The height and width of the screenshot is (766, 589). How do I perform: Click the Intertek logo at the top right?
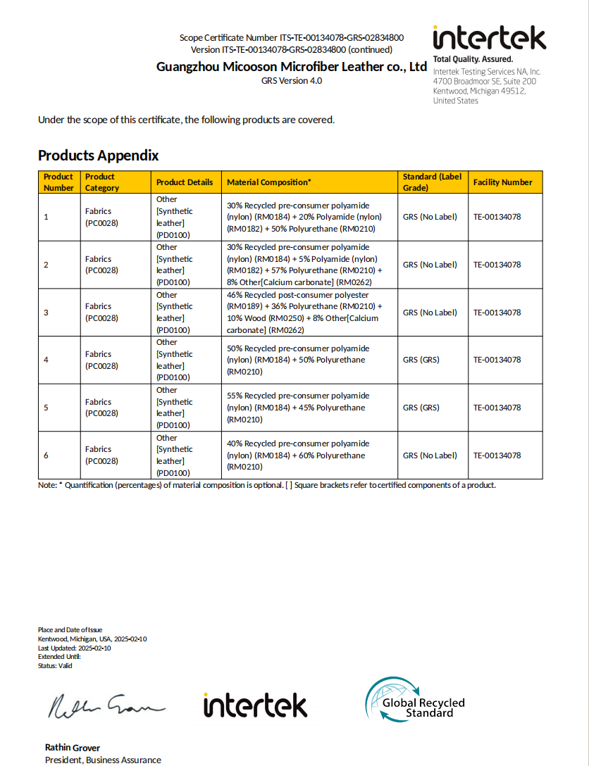pos(489,39)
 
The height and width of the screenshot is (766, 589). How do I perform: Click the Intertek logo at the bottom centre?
pos(255,705)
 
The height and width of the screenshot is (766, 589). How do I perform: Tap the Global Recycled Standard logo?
pos(415,703)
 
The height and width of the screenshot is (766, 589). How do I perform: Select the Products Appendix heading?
pos(99,156)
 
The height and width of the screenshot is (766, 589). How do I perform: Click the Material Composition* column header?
pos(268,182)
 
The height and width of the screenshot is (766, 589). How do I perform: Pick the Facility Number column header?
pos(502,182)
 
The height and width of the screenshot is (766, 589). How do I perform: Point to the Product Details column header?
pos(185,182)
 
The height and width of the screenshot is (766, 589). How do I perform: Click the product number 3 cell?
pos(46,312)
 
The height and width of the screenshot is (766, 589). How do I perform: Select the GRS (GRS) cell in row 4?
pos(421,360)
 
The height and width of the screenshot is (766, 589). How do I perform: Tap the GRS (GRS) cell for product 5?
pos(421,408)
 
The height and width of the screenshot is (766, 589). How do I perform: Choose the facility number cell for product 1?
pos(497,217)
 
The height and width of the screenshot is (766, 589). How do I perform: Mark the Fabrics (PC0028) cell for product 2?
pos(101,265)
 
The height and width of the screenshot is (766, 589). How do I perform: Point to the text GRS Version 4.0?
pos(291,81)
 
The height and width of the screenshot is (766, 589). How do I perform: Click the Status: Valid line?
pos(55,665)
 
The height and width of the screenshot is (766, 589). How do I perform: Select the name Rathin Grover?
pos(73,748)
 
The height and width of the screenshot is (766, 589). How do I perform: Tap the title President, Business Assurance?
pos(103,760)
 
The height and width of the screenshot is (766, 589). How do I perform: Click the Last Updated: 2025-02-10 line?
pos(74,648)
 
